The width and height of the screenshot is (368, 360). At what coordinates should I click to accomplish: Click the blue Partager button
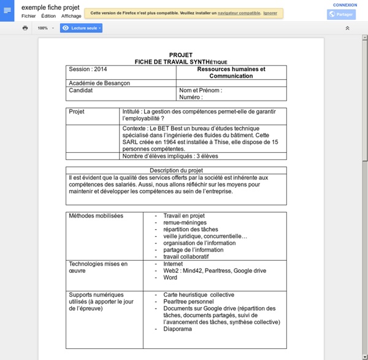(342, 14)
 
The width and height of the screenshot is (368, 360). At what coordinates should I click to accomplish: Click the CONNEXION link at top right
(345, 4)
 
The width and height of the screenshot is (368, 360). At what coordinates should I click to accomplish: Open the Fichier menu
(28, 16)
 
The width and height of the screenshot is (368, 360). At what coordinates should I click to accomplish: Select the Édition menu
(48, 16)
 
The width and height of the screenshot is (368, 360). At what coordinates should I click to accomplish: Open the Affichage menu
(71, 16)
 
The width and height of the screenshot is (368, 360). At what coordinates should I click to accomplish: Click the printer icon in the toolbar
(25, 28)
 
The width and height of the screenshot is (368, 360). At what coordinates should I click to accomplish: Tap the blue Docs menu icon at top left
(7, 10)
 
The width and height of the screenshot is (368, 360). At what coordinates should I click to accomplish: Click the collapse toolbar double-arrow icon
(347, 28)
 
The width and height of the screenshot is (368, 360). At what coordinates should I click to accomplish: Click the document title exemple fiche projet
(50, 7)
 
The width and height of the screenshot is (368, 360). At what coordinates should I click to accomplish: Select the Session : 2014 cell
(88, 69)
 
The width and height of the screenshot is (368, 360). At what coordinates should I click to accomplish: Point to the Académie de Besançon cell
(99, 83)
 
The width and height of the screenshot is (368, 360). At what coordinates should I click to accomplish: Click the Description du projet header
(176, 170)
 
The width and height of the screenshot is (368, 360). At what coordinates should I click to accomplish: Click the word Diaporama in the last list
(178, 329)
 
